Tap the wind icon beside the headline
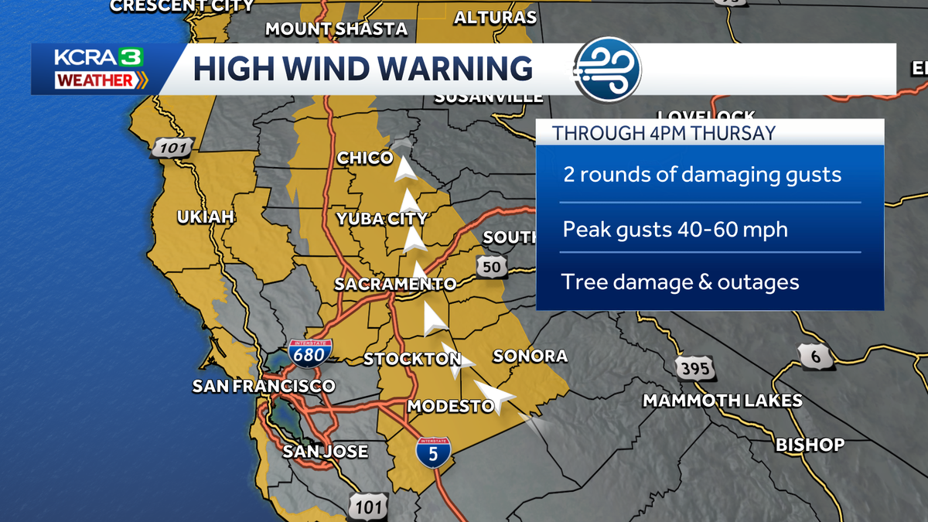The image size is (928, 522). pos(608,69)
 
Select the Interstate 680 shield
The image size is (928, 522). pos(312,353)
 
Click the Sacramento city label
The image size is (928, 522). pos(395,284)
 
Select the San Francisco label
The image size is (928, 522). pos(264,386)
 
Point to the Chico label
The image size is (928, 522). pos(365,158)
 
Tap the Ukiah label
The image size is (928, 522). pos(205,217)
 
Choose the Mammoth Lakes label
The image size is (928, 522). pos(722,401)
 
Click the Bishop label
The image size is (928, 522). pos(810,445)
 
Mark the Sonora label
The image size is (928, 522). pos(530,356)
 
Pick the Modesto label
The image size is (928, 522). pos(450,406)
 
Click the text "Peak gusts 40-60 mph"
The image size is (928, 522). pos(675,230)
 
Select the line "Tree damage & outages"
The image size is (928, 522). pos(681,282)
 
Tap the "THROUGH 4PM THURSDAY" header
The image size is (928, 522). pos(664,132)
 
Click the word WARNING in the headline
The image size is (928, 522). pos(459,68)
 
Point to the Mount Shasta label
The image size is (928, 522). pos(336,29)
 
